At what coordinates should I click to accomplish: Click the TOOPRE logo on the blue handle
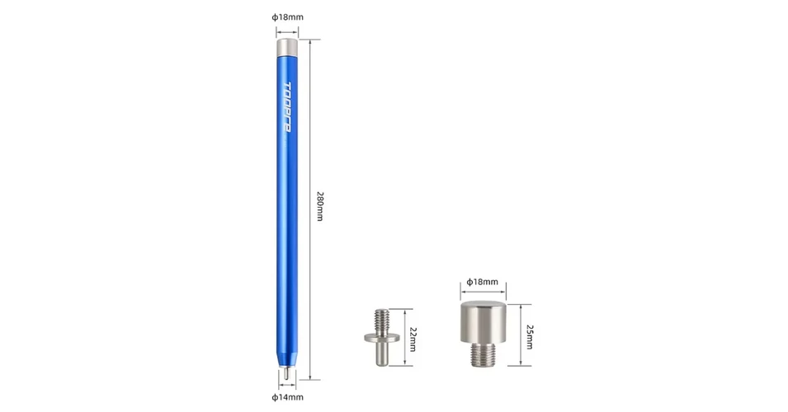(287, 107)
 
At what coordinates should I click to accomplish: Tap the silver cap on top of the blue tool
(287, 47)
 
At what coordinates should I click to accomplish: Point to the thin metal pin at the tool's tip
(286, 373)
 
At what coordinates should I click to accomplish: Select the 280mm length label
(319, 206)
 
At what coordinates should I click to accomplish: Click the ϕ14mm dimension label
(287, 397)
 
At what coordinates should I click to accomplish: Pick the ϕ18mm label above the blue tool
(287, 17)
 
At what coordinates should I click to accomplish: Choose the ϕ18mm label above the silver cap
(483, 282)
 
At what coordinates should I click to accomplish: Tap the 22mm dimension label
(413, 339)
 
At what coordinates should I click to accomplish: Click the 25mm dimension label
(530, 337)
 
